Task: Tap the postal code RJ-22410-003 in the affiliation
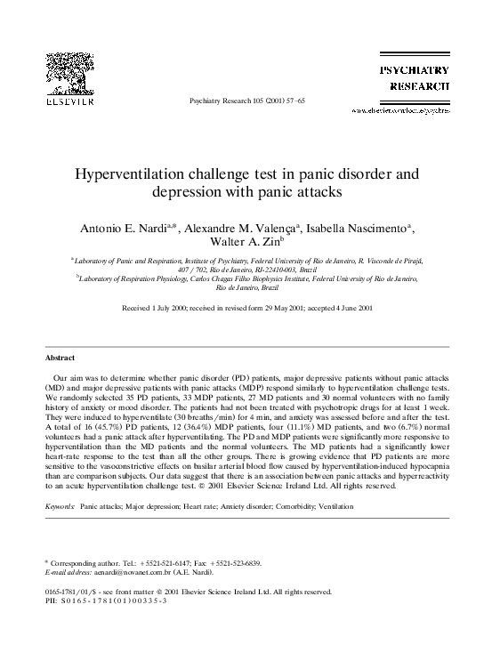tap(265, 267)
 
